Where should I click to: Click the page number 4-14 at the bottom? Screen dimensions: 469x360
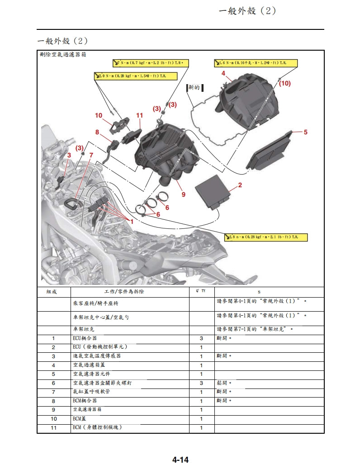180,460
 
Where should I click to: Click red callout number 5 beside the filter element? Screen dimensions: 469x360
305,133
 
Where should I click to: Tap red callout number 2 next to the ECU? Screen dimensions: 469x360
240,185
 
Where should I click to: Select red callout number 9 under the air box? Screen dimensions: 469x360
183,195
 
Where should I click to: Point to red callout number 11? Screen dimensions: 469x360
139,116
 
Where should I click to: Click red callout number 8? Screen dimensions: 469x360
97,133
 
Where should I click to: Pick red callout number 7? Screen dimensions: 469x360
91,155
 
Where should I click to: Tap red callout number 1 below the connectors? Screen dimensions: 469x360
132,222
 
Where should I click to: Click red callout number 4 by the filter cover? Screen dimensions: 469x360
223,73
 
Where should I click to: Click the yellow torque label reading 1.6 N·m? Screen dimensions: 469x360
256,62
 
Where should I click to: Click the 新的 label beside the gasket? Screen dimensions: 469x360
194,87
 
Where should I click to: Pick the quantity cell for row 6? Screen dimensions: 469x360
201,383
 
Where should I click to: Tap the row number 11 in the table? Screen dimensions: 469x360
53,428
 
